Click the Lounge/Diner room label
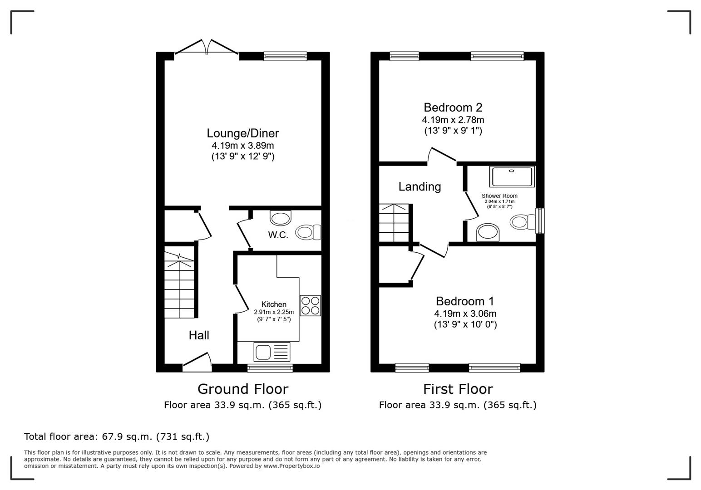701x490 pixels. pos(242,133)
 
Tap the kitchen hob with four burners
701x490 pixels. pos(310,305)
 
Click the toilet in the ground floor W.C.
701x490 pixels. pos(308,232)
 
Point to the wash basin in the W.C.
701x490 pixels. pos(280,218)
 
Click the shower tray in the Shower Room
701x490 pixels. pos(512,176)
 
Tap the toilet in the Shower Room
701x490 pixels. pos(522,222)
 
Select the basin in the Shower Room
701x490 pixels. pos(488,232)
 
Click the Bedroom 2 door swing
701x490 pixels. pos(441,155)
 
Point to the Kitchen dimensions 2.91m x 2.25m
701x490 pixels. pos(274,312)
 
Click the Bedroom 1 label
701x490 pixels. pos(465,301)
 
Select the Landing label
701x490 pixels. pos(420,186)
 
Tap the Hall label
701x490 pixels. pos(199,335)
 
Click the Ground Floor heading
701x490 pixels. pos(243,389)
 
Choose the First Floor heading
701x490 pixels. pos(458,389)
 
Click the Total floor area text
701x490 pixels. pos(117,436)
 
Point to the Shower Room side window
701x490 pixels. pos(540,221)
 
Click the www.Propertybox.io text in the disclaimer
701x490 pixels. pos(291,466)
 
